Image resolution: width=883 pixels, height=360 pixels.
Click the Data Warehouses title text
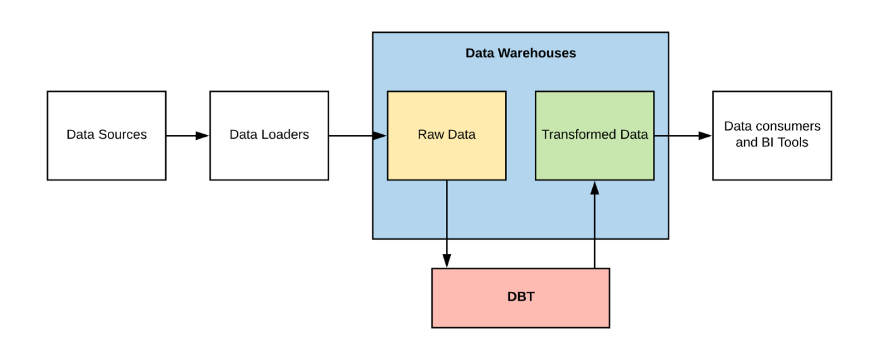tap(520, 53)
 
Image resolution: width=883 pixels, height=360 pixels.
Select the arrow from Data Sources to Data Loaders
tap(187, 136)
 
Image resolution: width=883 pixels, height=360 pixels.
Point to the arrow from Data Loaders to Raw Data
tap(357, 136)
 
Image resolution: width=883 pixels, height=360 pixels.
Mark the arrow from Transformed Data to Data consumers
tap(683, 136)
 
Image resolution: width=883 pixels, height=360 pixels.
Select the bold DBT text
tap(520, 297)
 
